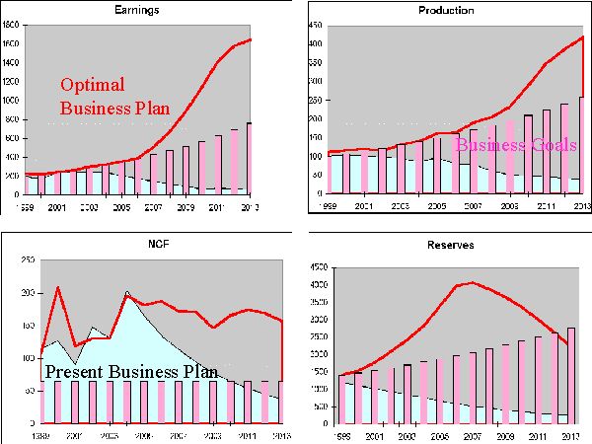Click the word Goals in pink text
click(549, 145)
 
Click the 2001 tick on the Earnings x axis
click(57, 208)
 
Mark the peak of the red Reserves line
click(472, 283)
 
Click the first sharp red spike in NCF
click(58, 287)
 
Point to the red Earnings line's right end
click(252, 39)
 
